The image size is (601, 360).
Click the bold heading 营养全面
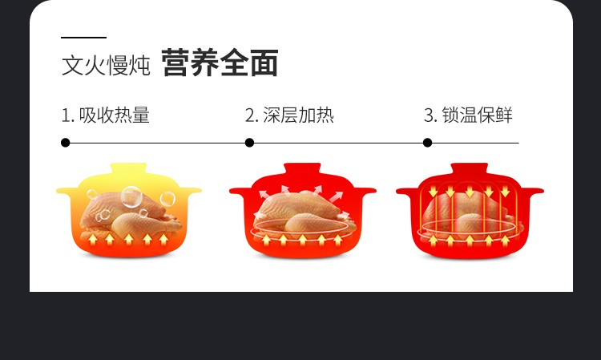point(220,63)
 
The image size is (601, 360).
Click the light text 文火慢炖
point(106,65)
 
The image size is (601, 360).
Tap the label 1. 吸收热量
point(106,115)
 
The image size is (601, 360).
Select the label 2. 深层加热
point(289,115)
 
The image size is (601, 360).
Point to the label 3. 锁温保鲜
point(468,115)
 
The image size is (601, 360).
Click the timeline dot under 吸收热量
point(65,143)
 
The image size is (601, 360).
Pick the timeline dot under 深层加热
point(249,143)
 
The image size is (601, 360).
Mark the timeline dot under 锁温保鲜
point(427,143)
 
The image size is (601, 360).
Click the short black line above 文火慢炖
point(83,38)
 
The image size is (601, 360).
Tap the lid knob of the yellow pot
point(128,168)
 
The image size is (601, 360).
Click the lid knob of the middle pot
point(302,168)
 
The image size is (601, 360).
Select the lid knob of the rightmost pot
point(469,168)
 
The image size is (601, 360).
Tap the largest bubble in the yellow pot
point(131,196)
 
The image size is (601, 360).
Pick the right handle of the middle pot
point(364,191)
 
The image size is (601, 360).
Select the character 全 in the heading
point(234,63)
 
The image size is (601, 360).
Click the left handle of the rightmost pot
point(407,191)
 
